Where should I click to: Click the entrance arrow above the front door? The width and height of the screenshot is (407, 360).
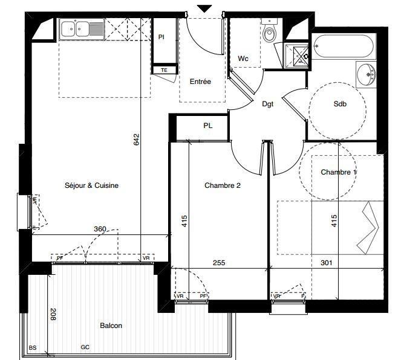click(x=205, y=8)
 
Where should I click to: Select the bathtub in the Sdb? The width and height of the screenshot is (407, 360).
click(x=343, y=46)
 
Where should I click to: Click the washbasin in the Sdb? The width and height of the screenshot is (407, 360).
click(x=365, y=75)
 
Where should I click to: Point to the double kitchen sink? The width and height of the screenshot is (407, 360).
click(x=82, y=29)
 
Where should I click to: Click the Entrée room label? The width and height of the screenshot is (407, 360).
click(x=200, y=82)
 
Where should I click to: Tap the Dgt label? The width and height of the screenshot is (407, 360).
click(x=268, y=104)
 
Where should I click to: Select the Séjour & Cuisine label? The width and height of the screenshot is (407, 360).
click(x=92, y=185)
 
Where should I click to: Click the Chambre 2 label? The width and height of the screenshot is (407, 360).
click(x=223, y=185)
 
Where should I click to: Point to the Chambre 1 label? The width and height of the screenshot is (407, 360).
click(x=339, y=172)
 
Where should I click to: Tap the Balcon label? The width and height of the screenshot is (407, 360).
click(x=111, y=326)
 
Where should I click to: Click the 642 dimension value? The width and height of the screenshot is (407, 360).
click(x=137, y=140)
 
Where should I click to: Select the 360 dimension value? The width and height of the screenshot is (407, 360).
click(x=100, y=229)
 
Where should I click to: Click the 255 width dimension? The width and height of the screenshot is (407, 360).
click(x=219, y=263)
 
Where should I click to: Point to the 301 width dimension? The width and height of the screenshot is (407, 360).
click(x=327, y=263)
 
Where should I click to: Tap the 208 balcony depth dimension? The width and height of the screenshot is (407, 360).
click(x=53, y=314)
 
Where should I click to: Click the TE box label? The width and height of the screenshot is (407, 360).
click(x=164, y=70)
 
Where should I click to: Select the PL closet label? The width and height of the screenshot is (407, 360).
click(x=207, y=126)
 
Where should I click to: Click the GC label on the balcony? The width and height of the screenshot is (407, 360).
click(x=85, y=347)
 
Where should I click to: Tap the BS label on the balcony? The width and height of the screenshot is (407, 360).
click(x=33, y=347)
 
